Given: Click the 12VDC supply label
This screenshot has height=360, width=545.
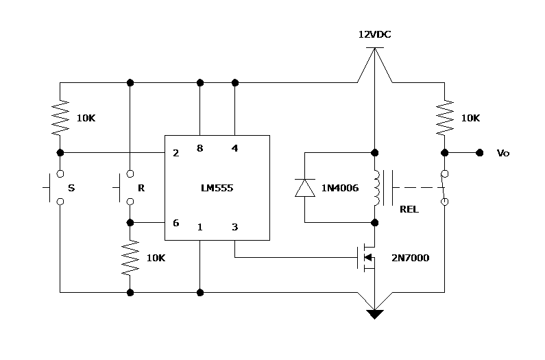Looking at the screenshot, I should pos(374,34).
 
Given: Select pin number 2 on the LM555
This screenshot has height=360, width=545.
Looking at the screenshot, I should pos(176,153).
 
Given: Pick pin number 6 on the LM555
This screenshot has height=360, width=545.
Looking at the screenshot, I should pos(176,223).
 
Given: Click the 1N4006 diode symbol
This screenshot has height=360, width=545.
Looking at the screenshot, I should pos(305,188).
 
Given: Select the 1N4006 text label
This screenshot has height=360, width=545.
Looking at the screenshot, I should pos(340,188).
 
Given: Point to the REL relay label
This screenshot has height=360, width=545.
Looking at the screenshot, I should pos(409,209).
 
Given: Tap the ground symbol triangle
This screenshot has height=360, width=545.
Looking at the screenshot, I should pos(374,314).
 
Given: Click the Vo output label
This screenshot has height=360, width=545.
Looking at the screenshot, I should pos(502,153).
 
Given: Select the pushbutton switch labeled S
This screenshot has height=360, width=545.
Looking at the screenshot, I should pos(56,187).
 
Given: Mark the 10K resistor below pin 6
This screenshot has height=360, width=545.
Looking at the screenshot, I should pos(130,257).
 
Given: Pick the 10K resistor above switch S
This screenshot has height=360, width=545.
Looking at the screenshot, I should pos(61,117).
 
